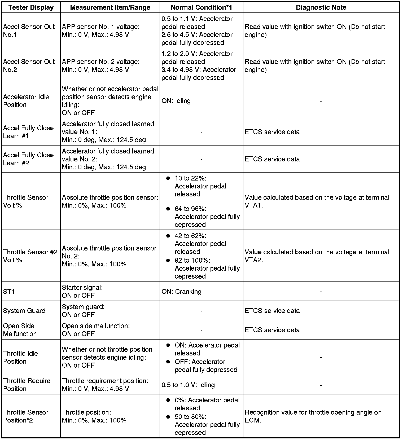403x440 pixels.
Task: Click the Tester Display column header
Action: click(31, 7)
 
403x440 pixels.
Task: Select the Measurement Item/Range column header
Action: click(110, 7)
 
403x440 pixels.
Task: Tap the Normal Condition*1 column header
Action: click(201, 7)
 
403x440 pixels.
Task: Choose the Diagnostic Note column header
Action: click(321, 7)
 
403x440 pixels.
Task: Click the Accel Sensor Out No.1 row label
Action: click(29, 30)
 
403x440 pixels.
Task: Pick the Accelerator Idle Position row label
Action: click(26, 101)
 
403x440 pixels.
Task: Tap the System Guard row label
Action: click(24, 311)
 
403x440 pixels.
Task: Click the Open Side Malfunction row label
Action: click(20, 330)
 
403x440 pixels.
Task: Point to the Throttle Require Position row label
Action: click(27, 385)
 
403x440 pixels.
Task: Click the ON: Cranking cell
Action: click(181, 292)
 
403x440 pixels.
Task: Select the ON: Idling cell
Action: click(176, 101)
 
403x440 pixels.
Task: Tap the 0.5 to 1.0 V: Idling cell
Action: click(188, 385)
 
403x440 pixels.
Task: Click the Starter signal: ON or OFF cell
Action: click(82, 291)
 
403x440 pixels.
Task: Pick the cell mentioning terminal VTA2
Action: click(317, 256)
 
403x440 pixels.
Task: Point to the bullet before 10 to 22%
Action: click(168, 178)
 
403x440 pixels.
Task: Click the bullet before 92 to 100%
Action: click(168, 261)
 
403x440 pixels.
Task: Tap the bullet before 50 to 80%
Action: click(168, 417)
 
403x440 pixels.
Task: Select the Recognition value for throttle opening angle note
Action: click(313, 416)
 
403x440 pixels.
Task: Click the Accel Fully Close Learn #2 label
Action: click(28, 159)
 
